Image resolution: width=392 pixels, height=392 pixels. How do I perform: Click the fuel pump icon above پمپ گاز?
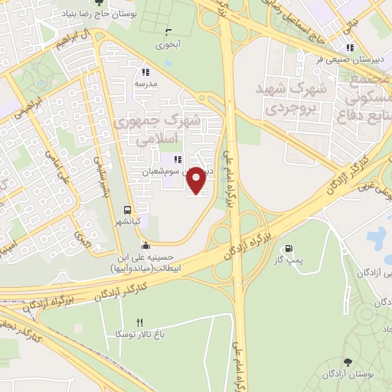[x=289, y=248]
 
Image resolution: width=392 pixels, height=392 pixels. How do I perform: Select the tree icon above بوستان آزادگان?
[x=348, y=361]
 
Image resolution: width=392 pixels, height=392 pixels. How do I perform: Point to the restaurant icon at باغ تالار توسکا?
[x=139, y=323]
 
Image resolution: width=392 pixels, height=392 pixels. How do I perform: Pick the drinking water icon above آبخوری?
[x=168, y=32]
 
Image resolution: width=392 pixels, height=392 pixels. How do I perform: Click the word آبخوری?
[x=168, y=45]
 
